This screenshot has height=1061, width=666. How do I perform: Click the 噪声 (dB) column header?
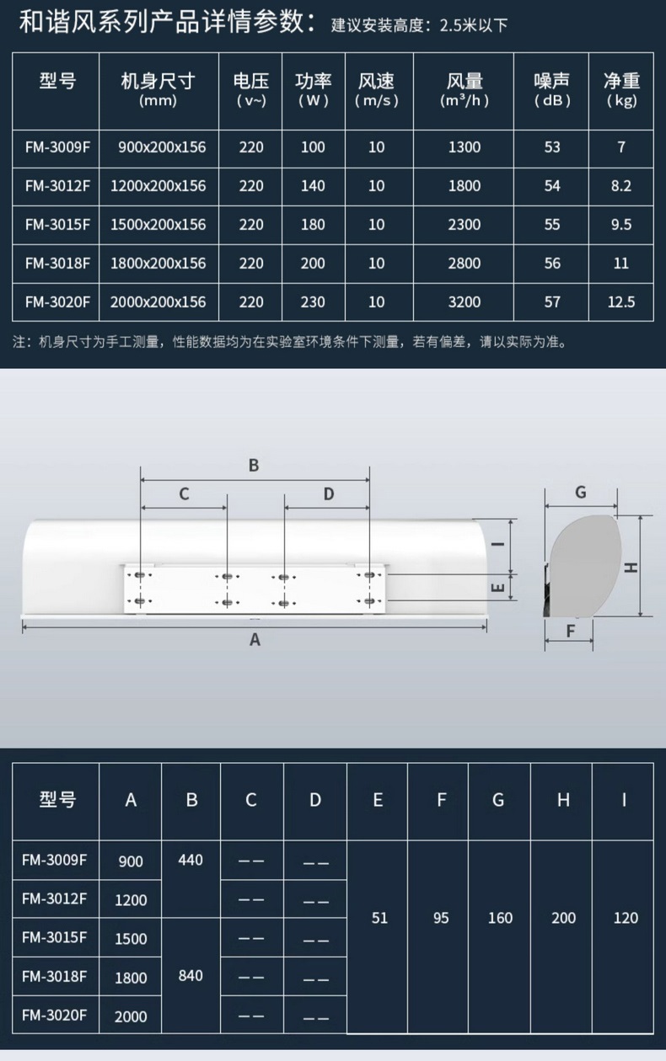pyautogui.click(x=551, y=90)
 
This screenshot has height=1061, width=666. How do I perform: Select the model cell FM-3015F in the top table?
pyautogui.click(x=57, y=225)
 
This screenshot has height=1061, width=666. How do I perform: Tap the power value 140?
pyautogui.click(x=313, y=185)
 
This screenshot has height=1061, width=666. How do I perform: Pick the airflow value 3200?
pyautogui.click(x=465, y=301)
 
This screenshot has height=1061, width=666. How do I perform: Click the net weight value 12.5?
pyautogui.click(x=621, y=301)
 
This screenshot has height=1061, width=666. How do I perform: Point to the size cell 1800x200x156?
pyautogui.click(x=158, y=264)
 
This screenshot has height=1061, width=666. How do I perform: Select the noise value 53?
pyautogui.click(x=552, y=147)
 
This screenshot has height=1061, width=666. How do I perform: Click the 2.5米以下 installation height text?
pyautogui.click(x=474, y=25)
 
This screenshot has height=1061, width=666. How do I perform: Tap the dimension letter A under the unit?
pyautogui.click(x=255, y=640)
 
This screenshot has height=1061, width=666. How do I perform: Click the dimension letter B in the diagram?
pyautogui.click(x=254, y=465)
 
